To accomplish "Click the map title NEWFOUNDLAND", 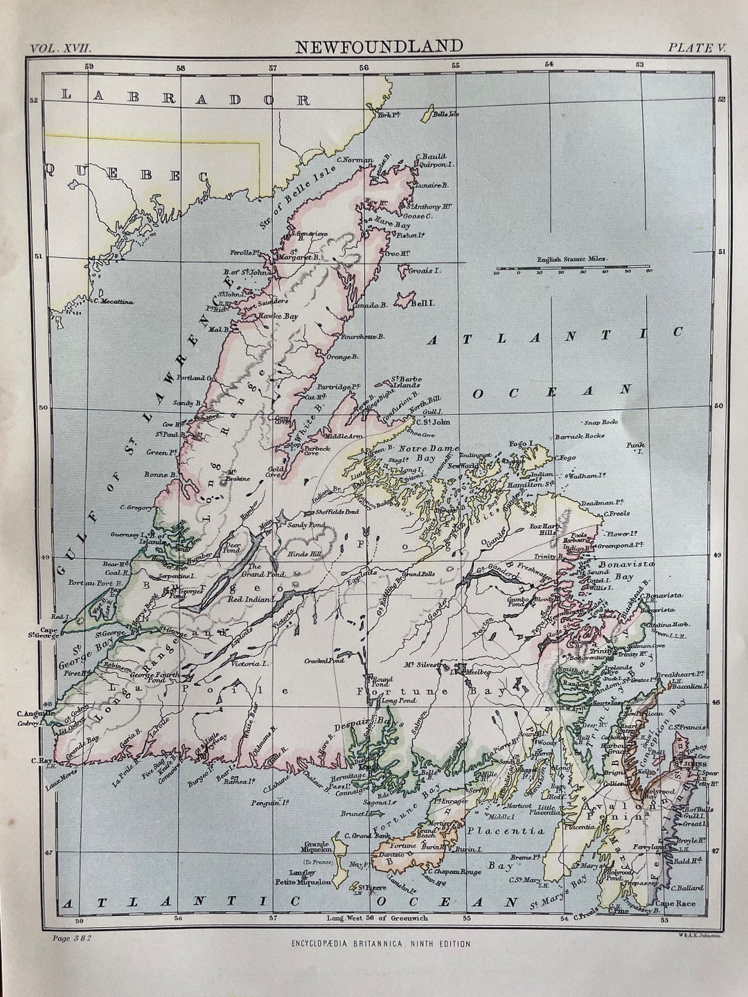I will point(379,46).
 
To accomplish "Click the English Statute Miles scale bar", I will point(572,269).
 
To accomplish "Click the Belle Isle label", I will point(445,113).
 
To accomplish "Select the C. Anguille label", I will point(35,713).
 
